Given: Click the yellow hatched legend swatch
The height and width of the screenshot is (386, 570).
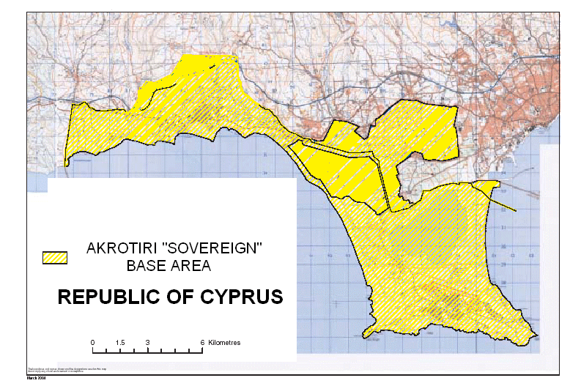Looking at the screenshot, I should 53,257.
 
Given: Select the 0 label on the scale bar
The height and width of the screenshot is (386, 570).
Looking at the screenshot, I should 92,342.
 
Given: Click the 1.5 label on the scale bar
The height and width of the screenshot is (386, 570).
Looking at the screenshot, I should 120,342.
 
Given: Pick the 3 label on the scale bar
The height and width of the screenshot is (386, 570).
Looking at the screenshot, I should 147,342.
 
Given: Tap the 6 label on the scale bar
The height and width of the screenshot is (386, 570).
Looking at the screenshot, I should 201,342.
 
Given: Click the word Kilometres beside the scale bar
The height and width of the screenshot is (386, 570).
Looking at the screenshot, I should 224,342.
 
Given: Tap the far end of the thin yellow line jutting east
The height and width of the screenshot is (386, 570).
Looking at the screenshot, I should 517,212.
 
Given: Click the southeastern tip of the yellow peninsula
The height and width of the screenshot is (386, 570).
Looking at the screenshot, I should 537,338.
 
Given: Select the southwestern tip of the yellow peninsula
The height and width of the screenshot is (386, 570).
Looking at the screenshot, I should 364,337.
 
